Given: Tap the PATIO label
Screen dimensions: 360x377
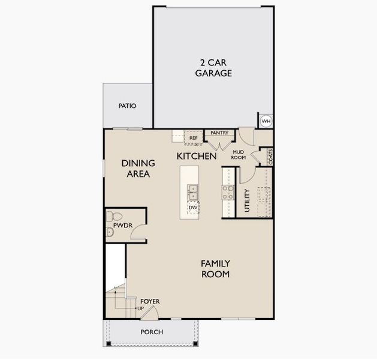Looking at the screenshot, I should (127, 106).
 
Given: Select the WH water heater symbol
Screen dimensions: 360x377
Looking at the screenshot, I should (266, 121).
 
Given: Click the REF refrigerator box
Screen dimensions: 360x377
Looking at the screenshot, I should (193, 138).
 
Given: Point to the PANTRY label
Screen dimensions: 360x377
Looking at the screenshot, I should (220, 133).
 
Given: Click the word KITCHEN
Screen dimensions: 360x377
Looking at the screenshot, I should (197, 156).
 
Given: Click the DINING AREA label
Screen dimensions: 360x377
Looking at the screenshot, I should (138, 169).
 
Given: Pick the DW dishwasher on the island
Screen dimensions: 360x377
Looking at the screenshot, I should (193, 208).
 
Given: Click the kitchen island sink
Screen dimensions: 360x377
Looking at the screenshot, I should (193, 193).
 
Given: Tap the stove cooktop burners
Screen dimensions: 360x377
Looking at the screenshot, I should (228, 192).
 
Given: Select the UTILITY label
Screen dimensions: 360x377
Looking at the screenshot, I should (247, 200).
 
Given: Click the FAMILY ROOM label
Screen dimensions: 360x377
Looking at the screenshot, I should (215, 269).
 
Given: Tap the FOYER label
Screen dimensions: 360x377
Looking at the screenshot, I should (150, 301).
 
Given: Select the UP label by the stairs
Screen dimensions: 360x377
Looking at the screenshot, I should (141, 309).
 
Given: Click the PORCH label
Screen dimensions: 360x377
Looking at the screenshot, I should (152, 332).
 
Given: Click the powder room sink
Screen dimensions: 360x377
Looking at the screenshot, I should (110, 232).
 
